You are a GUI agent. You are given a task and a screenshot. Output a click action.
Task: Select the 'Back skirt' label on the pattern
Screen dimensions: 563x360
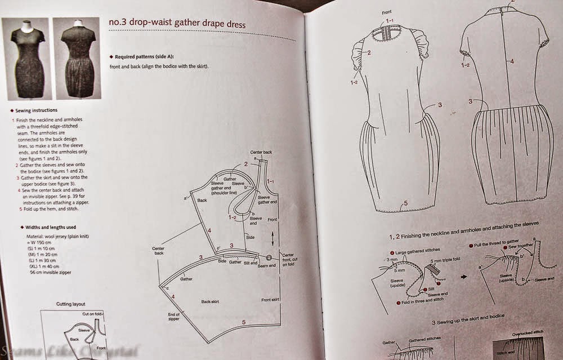209,302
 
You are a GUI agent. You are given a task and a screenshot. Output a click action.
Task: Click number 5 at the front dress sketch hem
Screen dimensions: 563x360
404,203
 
